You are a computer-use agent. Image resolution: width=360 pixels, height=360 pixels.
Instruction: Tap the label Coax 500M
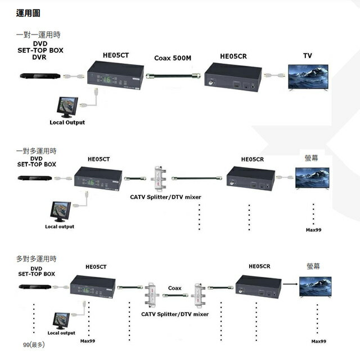point(172,57)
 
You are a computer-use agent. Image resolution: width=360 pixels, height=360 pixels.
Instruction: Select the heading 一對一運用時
point(38,35)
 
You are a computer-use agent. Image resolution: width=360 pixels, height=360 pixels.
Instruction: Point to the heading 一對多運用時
point(36,151)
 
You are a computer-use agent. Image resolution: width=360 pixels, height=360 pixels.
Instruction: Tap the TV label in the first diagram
point(307,56)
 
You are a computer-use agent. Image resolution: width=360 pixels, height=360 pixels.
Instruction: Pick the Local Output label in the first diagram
point(67,122)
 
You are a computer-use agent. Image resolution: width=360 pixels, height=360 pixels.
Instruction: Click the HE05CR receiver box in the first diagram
point(232,77)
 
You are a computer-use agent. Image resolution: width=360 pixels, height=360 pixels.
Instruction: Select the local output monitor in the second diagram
point(60,212)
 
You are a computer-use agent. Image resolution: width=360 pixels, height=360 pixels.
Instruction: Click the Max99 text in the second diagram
point(313,229)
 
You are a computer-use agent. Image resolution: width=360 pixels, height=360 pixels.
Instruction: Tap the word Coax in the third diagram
point(174,288)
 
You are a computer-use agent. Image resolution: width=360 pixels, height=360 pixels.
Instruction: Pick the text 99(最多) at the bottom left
point(33,344)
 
